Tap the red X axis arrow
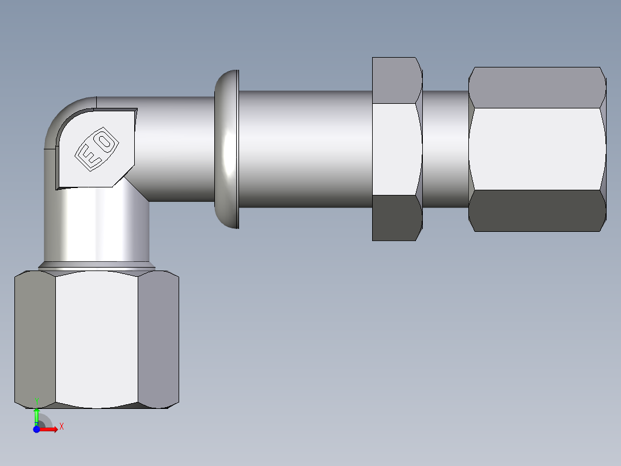pos(50,430)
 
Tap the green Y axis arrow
pos(36,414)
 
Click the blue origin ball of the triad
pos(36,429)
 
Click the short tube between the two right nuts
pos(446,149)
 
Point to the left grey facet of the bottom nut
pos(35,339)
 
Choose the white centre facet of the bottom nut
pos(97,339)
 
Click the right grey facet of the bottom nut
pos(158,339)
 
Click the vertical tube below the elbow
pos(97,231)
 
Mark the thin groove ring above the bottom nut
pos(97,266)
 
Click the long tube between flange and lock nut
pos(305,149)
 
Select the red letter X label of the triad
pos(62,426)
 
